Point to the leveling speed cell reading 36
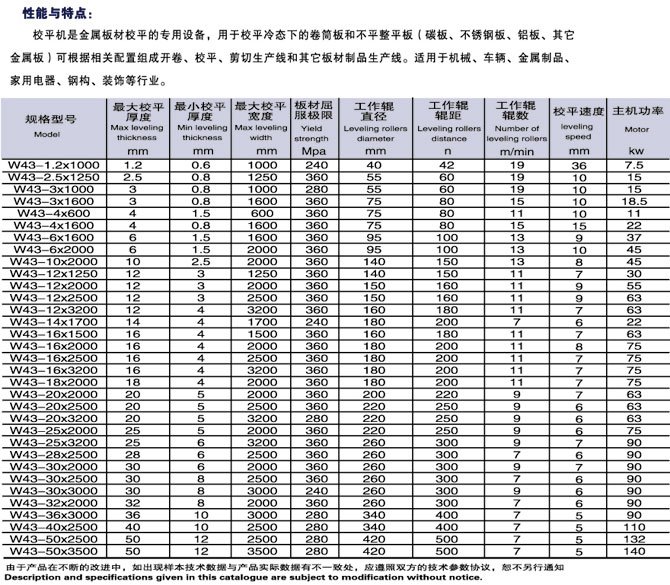tap(577, 163)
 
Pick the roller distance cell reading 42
tap(447, 163)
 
